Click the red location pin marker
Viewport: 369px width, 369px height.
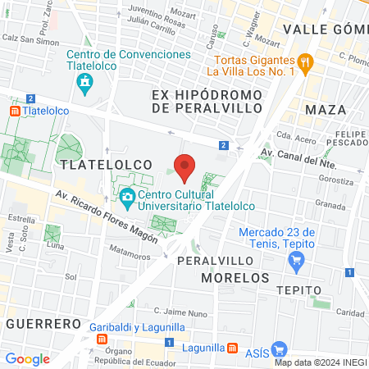point(185,166)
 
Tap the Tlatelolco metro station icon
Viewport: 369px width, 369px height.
point(14,111)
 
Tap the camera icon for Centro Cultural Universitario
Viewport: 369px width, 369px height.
point(127,198)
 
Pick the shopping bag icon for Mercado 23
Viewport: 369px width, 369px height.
point(297,262)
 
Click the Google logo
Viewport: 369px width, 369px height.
point(27,358)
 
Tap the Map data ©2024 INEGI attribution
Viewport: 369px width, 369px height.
point(320,362)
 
